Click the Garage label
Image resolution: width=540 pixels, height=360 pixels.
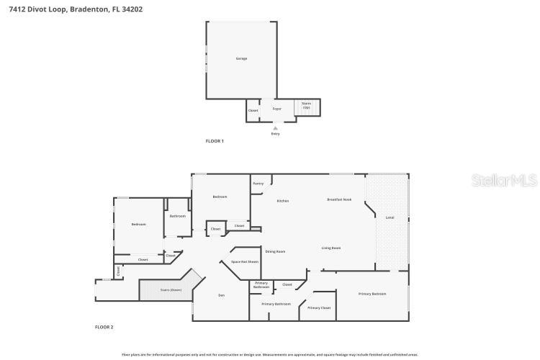point(241,58)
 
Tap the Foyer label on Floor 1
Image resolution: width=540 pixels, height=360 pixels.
point(276,110)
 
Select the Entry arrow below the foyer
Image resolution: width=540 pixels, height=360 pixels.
point(275,128)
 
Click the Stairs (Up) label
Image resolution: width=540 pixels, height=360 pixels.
point(306,105)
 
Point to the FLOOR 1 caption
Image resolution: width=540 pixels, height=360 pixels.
point(215,141)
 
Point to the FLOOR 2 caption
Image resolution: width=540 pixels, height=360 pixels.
point(104,327)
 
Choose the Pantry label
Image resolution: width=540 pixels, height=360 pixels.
point(258,184)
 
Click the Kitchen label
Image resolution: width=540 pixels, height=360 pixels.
point(283,201)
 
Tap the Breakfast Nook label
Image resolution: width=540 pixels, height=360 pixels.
point(338,199)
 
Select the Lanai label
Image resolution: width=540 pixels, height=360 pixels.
point(390,217)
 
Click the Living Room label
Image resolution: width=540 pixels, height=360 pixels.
point(330,248)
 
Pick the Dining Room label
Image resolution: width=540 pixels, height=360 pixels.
point(275,251)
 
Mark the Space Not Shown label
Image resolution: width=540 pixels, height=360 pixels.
point(244,261)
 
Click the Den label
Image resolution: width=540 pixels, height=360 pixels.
point(222,295)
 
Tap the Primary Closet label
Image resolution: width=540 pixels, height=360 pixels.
point(318,308)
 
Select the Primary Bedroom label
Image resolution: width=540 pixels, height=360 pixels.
point(372,294)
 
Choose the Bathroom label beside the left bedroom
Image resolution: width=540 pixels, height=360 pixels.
point(177,216)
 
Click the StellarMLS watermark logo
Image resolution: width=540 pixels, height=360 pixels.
point(504,180)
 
